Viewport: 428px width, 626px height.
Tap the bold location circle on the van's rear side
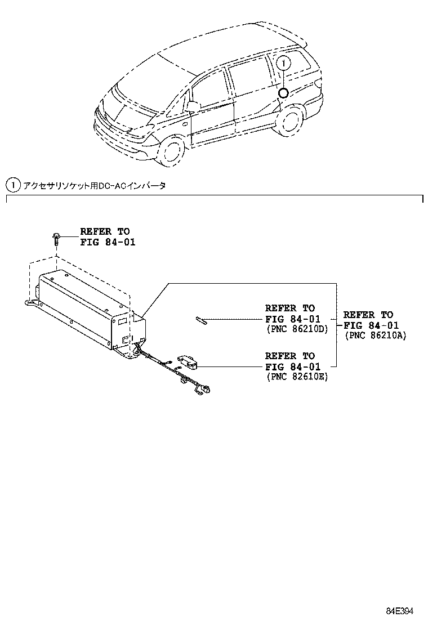pos(283,93)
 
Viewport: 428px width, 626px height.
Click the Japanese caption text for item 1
pos(93,185)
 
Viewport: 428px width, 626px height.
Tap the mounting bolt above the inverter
pos(57,239)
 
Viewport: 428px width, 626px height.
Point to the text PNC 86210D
pos(297,329)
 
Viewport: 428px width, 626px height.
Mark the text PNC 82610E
pos(297,377)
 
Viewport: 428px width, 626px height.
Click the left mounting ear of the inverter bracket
pos(28,303)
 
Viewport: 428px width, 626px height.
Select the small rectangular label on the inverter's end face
pos(122,321)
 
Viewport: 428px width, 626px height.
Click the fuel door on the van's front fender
pos(185,121)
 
